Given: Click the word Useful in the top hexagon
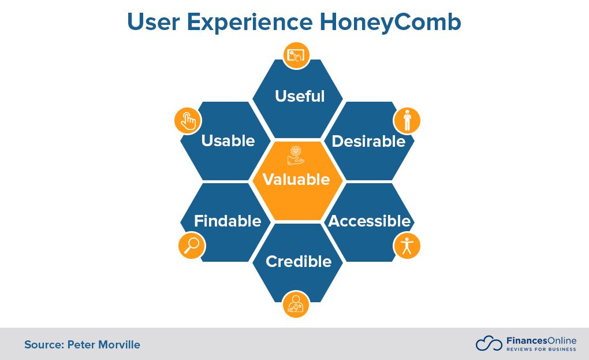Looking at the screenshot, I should coord(300,96).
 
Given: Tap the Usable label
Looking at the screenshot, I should coord(228,141).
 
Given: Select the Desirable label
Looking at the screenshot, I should coord(368,141).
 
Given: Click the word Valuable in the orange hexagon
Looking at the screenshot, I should coord(296,179).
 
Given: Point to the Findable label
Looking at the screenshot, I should coord(228,221).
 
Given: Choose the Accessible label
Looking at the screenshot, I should coord(370,221).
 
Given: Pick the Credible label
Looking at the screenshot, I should coord(299,262).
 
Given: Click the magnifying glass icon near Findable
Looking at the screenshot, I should coord(191,245).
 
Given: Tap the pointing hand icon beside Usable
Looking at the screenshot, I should coord(188,120).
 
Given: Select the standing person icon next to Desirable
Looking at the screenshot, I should coord(407,120).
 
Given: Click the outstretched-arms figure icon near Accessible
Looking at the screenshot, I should coord(407,245).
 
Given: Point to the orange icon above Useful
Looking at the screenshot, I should coord(296,55).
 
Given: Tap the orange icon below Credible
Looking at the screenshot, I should coord(296,304).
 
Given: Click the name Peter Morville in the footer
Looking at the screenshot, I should coord(103,345).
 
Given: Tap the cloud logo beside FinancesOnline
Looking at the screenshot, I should coord(489,343).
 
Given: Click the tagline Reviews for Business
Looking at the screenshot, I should coord(541,349).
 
